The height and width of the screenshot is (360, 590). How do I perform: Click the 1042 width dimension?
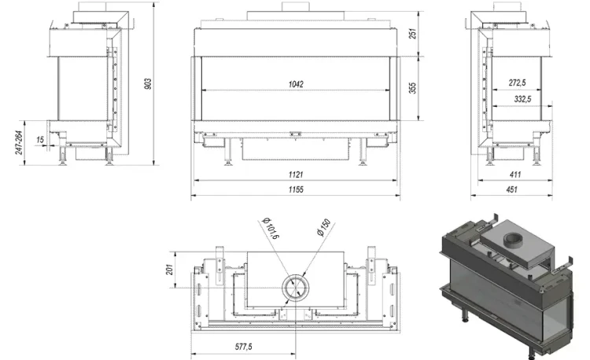coord(296,84)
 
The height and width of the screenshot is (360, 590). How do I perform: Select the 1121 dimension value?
coord(296,174)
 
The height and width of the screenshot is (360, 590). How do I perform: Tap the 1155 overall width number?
coord(296,189)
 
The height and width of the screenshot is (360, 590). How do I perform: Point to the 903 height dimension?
coord(148,83)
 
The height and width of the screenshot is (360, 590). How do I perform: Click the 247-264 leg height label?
coord(19,142)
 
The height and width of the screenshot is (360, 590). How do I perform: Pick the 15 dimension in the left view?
coord(40,140)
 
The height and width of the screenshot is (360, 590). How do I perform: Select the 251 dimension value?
coord(413,34)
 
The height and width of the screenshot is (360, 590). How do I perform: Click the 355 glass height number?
coord(413,88)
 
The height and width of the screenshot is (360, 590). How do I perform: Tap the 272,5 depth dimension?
coord(517,83)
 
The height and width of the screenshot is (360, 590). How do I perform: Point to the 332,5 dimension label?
coord(522,99)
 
